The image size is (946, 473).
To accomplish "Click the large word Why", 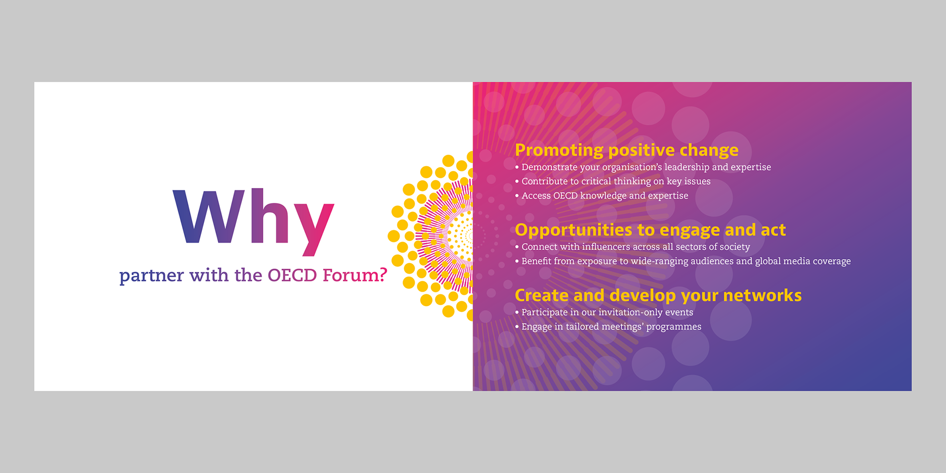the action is [253, 222].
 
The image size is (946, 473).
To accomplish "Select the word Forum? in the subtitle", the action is [355, 275].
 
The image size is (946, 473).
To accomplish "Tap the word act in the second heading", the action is [773, 230].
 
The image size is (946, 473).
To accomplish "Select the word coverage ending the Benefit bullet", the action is [832, 261].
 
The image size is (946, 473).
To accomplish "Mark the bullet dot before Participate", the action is [517, 312].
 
